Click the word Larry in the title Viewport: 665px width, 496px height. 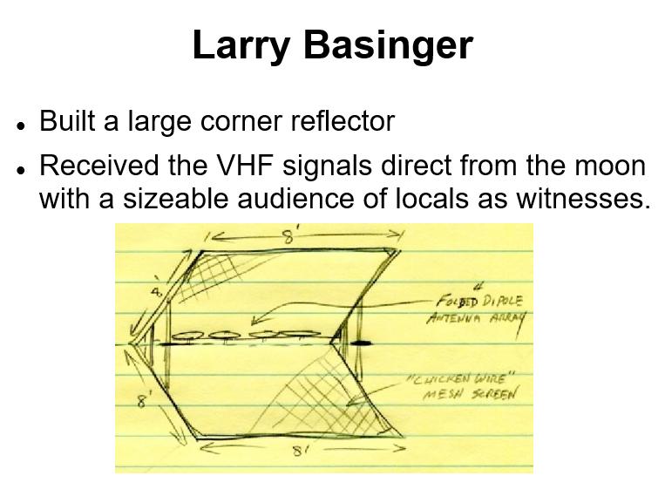[x=241, y=46]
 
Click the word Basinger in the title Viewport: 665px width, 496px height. [x=388, y=45]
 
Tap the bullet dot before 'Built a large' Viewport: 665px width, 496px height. [x=20, y=126]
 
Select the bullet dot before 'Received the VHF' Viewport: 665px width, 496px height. [x=20, y=170]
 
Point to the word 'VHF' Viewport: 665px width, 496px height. [x=241, y=165]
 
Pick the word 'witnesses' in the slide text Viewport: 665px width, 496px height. [x=583, y=199]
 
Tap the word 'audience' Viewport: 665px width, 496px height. [x=295, y=199]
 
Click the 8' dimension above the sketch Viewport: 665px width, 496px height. [x=288, y=237]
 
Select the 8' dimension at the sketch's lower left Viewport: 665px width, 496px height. [x=143, y=400]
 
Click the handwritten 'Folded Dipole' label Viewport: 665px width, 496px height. [x=479, y=301]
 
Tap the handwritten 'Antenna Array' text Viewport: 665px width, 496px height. [x=477, y=318]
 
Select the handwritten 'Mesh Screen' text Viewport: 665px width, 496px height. [x=470, y=394]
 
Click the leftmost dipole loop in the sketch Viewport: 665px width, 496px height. [x=189, y=336]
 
